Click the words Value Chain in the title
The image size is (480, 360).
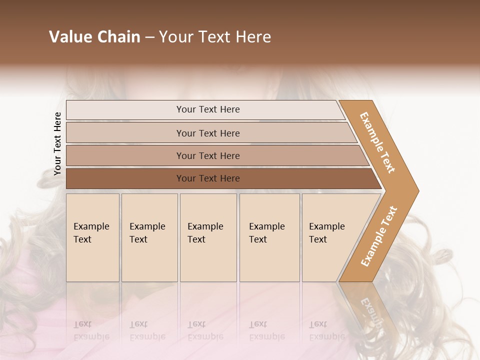point(94,37)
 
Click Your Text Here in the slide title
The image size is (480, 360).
point(215,37)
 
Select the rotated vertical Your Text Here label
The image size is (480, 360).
point(57,144)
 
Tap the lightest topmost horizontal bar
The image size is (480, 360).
point(207,109)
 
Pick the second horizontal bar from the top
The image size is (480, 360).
point(207,133)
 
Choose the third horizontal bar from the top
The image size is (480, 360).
point(207,155)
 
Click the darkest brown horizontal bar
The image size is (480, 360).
point(207,178)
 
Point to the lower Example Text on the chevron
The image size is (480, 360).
point(379,236)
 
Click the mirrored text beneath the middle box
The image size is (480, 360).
point(205,330)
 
